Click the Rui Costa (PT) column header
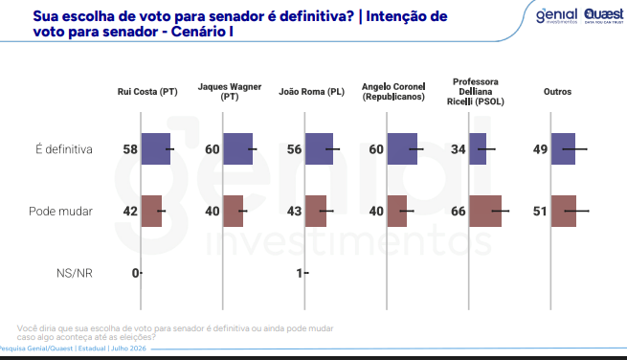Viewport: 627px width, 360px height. click(147, 92)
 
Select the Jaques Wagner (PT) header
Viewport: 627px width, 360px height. click(230, 92)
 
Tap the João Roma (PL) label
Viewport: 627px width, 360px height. click(311, 92)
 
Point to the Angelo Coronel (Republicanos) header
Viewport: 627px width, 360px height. click(393, 92)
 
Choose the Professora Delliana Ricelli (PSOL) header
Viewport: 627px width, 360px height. click(476, 92)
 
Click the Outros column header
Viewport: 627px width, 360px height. click(557, 92)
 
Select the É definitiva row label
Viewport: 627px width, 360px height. click(64, 149)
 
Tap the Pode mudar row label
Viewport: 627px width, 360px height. click(60, 212)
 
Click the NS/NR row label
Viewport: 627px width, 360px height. click(75, 273)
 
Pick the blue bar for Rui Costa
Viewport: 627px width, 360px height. click(155, 148)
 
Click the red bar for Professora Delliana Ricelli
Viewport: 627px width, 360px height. click(485, 212)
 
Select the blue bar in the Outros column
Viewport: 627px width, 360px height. click(563, 148)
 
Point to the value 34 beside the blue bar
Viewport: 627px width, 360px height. click(459, 149)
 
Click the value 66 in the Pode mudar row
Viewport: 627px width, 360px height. click(459, 212)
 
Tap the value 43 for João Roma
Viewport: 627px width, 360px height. click(294, 212)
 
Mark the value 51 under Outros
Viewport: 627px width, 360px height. click(540, 212)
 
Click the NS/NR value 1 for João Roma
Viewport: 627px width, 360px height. click(299, 273)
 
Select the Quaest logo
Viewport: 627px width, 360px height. click(604, 15)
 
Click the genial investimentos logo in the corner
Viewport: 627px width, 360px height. click(557, 16)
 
